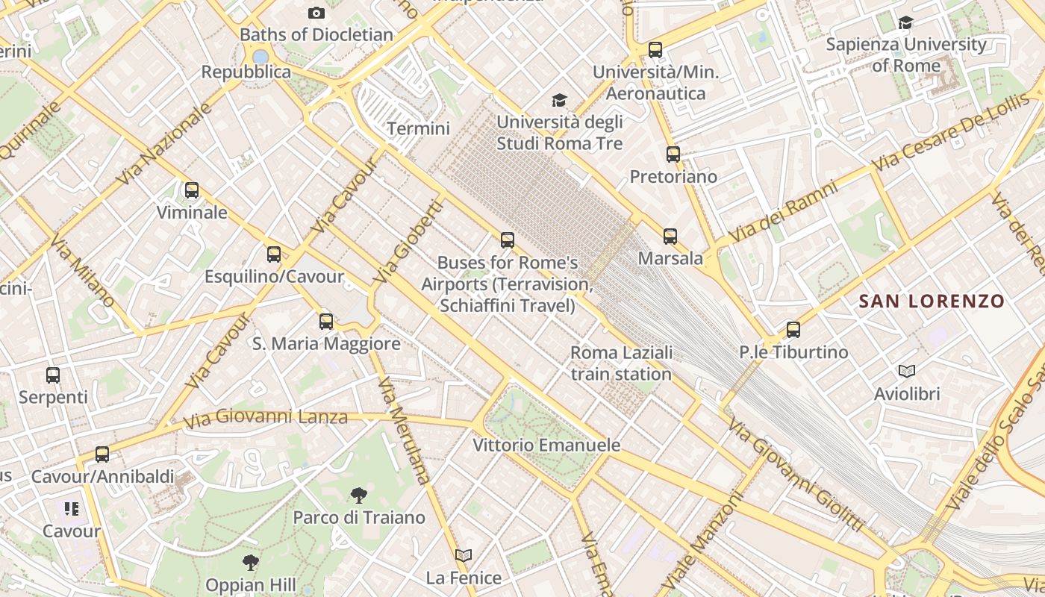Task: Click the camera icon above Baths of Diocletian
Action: coord(316,13)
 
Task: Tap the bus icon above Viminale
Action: coord(192,190)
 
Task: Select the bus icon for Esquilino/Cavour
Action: coord(274,254)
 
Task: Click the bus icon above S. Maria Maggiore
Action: coord(326,322)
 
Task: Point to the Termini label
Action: coord(418,128)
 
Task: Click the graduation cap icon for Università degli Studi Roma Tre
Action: coord(559,100)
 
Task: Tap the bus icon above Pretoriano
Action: coord(673,154)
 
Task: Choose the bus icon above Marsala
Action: coord(670,237)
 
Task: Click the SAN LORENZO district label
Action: coord(932,301)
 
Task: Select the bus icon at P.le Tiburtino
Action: coord(793,330)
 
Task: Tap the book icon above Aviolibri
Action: coord(907,372)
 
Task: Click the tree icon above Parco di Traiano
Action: coord(359,495)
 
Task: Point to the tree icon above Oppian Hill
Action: coord(251,563)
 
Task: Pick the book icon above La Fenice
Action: coord(464,555)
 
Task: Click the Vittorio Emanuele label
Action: coord(546,446)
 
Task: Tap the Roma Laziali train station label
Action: coord(621,363)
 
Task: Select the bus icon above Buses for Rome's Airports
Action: coord(508,240)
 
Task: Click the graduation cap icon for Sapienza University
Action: coord(905,22)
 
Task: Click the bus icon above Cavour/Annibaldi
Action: coord(102,454)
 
